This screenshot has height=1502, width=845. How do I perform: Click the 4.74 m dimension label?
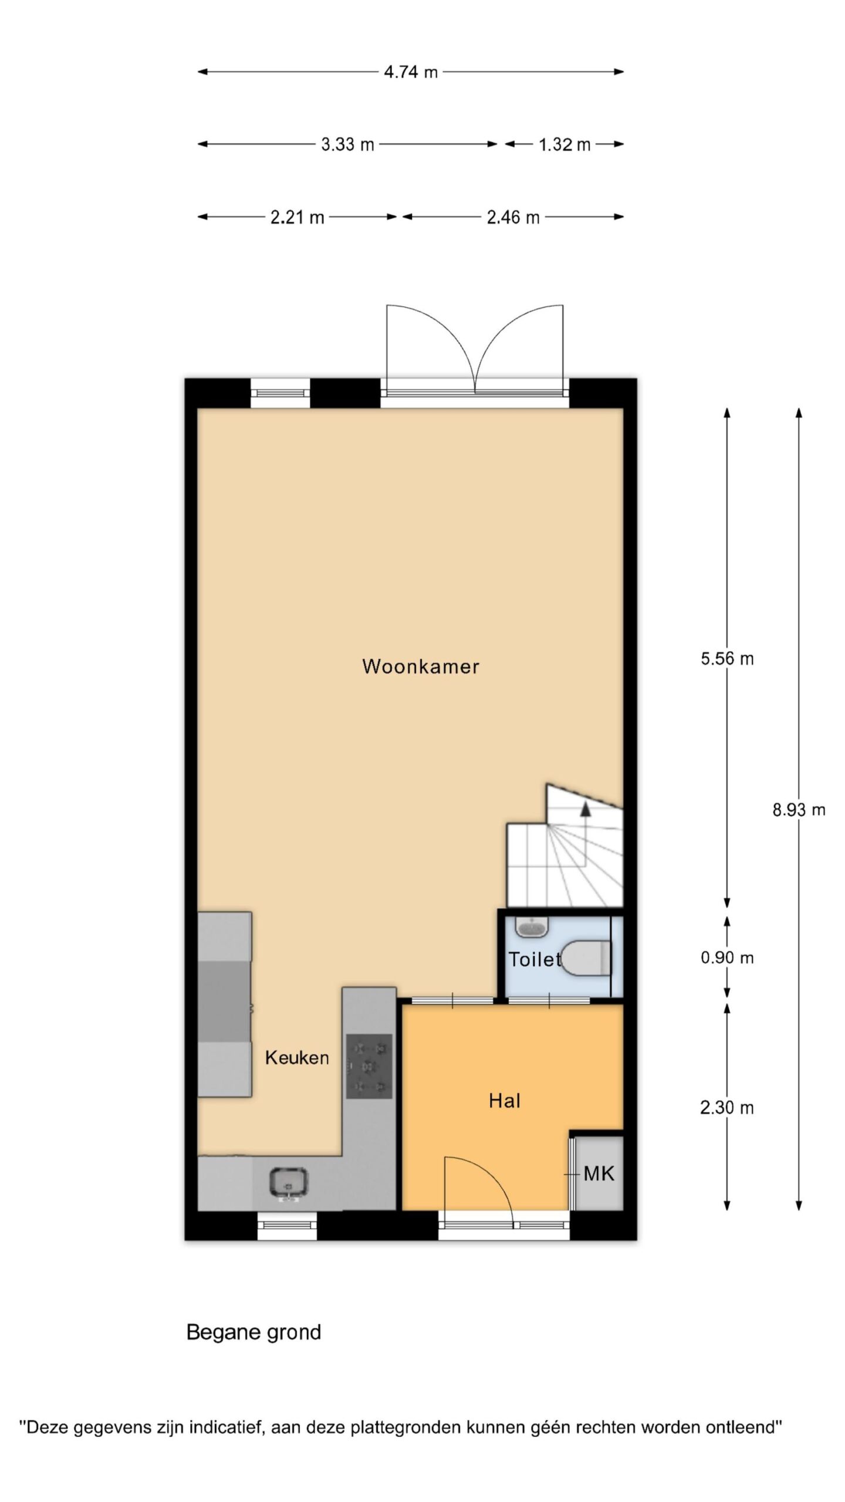pos(411,72)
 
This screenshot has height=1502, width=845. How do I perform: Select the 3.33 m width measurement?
pos(347,144)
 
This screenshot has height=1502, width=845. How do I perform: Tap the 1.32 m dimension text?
pos(565,144)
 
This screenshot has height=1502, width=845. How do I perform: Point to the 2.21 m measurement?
pos(297,218)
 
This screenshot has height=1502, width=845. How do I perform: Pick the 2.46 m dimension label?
pos(513,218)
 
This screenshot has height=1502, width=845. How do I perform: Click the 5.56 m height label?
pos(727,659)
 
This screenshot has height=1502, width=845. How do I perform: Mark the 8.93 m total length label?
pos(799,810)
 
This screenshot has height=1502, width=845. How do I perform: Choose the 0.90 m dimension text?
pos(727,958)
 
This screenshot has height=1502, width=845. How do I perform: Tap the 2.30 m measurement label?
pos(727,1108)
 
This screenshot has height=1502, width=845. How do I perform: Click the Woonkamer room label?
pos(421,667)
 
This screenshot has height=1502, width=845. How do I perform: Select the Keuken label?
pos(297,1058)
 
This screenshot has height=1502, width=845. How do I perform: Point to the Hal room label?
pos(505,1101)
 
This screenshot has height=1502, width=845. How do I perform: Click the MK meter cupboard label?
pos(599,1173)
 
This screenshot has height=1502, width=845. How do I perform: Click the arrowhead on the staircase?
pos(585,809)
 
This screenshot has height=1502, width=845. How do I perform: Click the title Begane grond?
pos(253,1332)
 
